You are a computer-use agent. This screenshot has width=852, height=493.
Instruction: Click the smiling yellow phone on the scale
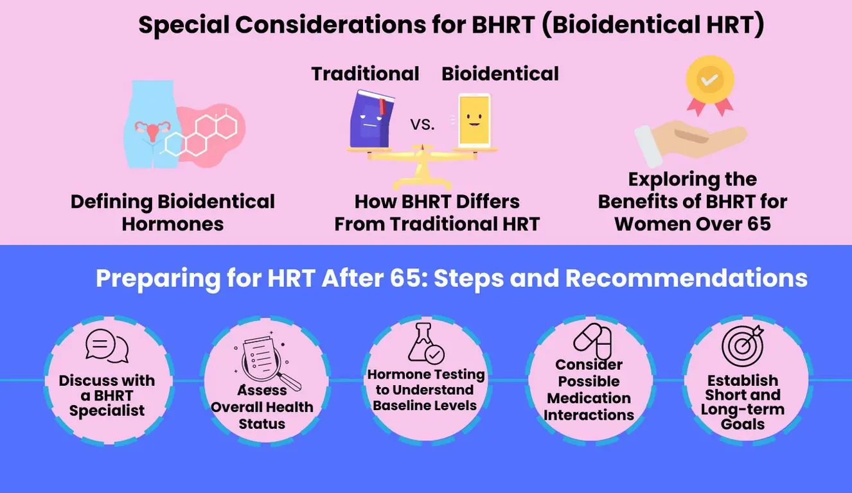pyautogui.click(x=474, y=121)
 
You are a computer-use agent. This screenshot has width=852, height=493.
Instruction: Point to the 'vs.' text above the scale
pyautogui.click(x=422, y=124)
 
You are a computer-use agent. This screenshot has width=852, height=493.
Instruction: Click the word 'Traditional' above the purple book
pyautogui.click(x=365, y=74)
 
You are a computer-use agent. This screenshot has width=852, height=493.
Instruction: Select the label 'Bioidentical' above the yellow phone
pyautogui.click(x=500, y=74)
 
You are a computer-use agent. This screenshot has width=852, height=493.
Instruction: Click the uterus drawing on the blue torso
pyautogui.click(x=154, y=130)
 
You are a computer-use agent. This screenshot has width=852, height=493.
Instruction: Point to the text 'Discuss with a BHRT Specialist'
pyautogui.click(x=107, y=395)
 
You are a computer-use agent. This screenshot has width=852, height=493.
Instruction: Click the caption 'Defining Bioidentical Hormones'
pyautogui.click(x=173, y=212)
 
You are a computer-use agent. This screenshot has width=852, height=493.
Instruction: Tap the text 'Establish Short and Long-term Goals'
pyautogui.click(x=742, y=402)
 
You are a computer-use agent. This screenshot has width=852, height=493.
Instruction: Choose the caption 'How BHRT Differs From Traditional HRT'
pyautogui.click(x=437, y=212)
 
